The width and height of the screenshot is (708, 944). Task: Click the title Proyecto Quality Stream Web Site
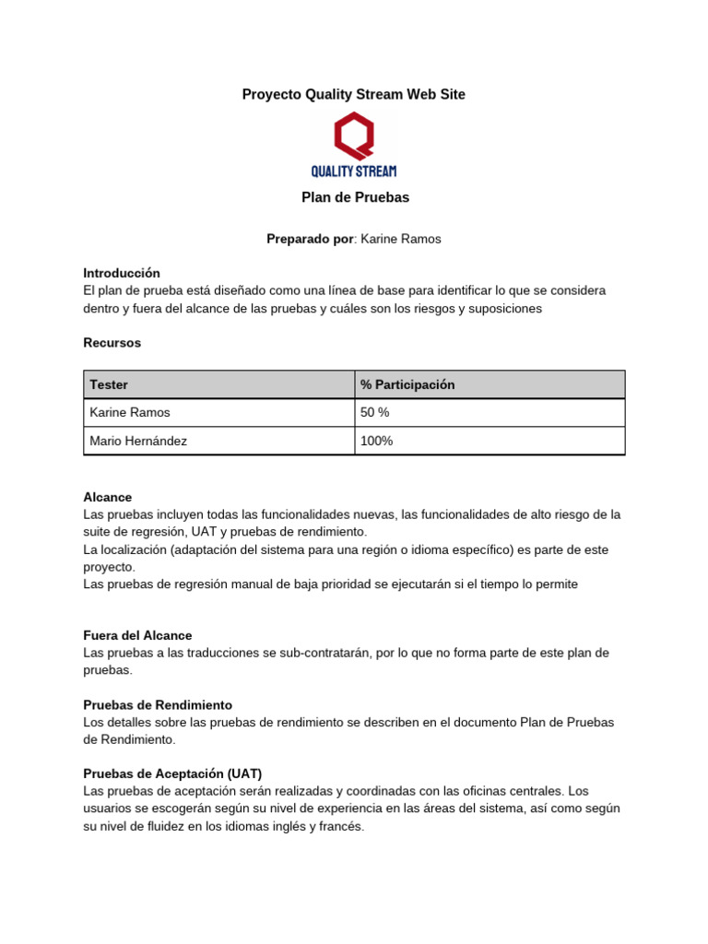pos(353,94)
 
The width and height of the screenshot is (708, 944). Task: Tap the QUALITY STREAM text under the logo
pos(354,171)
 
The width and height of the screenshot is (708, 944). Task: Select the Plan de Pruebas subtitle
pos(355,197)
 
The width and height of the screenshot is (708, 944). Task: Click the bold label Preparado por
pos(310,239)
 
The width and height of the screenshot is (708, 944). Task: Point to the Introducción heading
pos(122,273)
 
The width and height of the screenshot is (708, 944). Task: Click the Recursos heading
pos(112,342)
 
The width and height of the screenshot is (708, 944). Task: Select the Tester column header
pos(109,384)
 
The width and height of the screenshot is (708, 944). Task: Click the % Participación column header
pos(407,384)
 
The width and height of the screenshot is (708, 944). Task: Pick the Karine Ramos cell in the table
pos(130,412)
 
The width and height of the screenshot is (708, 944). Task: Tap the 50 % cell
pos(375,412)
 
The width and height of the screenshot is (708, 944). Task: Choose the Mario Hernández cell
pos(138,441)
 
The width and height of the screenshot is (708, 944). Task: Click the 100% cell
pos(376,441)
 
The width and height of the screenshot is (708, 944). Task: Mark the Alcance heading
pos(108,497)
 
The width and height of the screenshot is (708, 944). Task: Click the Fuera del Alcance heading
pos(137,635)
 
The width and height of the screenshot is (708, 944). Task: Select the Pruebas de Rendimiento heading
pos(158,704)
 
